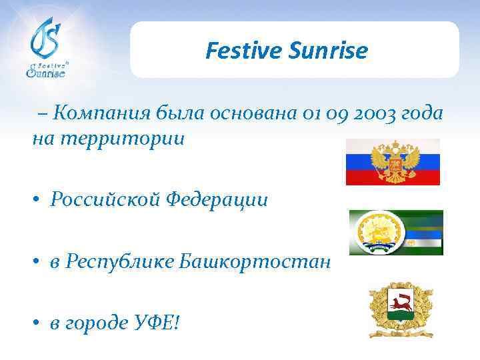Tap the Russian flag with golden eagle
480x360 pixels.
[x=393, y=162]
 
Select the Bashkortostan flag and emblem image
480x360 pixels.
[x=396, y=233]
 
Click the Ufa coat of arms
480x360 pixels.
[x=400, y=309]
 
